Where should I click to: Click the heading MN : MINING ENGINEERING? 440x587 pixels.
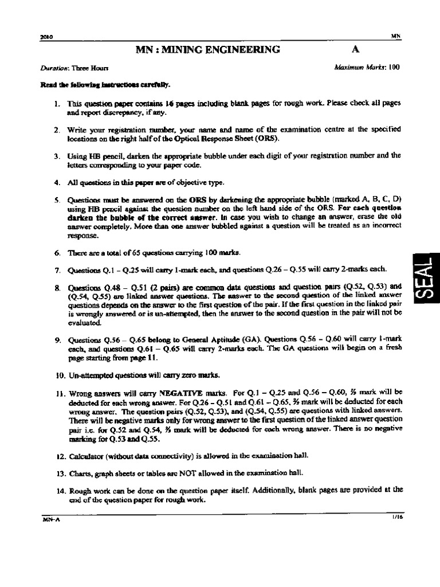(207, 49)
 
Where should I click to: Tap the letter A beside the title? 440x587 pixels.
(355, 49)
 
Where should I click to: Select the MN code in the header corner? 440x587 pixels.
(395, 36)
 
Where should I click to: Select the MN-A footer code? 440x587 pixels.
(50, 519)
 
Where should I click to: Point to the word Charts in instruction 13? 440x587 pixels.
(80, 473)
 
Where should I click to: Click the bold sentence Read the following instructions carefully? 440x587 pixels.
(104, 85)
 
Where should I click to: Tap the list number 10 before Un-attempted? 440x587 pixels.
(58, 375)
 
